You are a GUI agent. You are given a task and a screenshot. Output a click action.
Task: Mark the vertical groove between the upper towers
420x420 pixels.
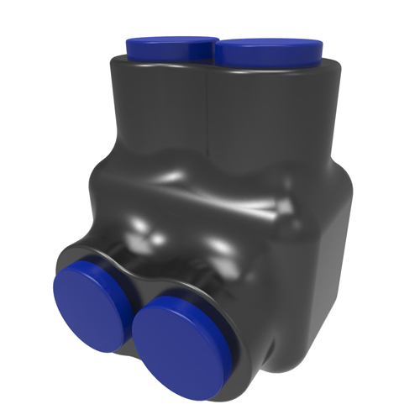208,118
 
